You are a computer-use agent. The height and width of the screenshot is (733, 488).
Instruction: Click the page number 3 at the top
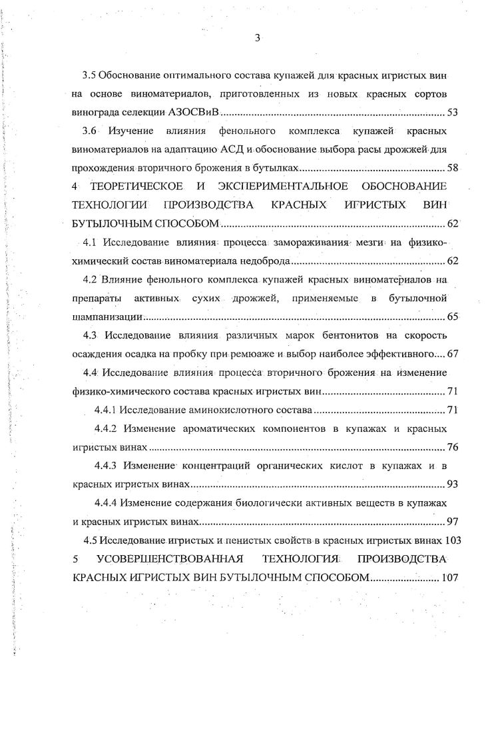[256, 37]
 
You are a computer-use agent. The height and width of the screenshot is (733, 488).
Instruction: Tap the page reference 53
[452, 113]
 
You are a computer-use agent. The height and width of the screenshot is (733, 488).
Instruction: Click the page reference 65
[452, 316]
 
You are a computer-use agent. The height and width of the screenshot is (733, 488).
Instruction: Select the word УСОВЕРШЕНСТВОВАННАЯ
[171, 558]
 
